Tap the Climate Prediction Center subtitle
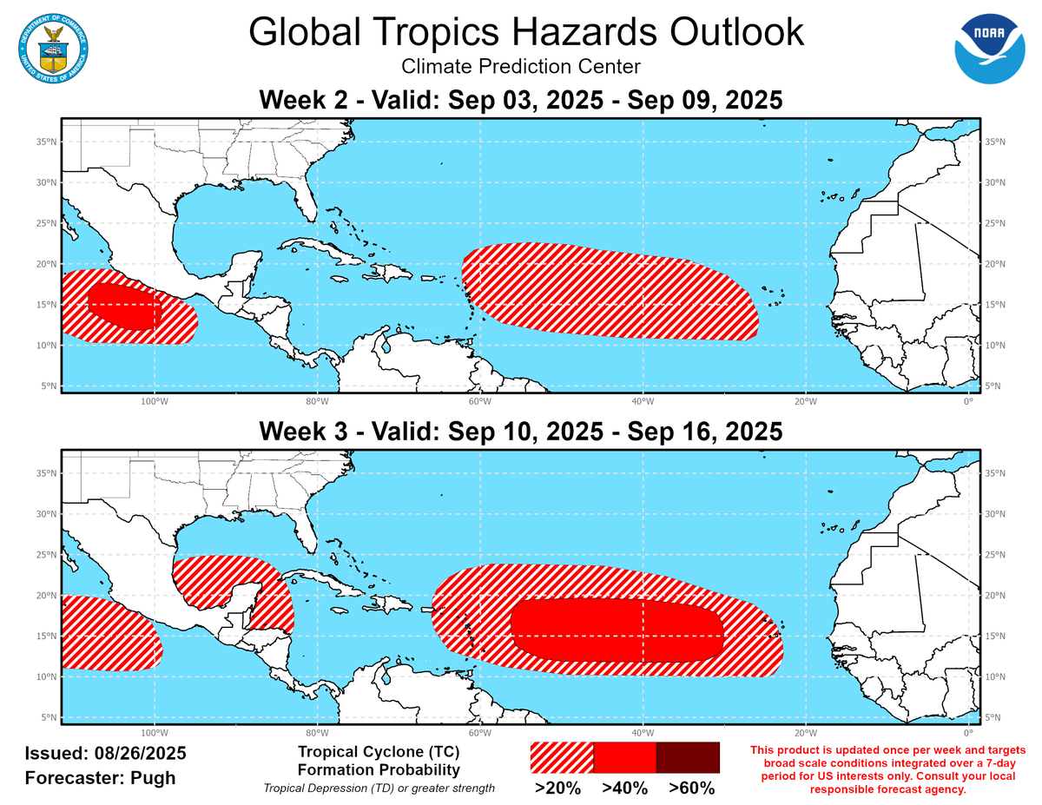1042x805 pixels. pos(520,66)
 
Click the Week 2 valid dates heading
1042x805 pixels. pos(520,100)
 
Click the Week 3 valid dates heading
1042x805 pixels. pos(520,431)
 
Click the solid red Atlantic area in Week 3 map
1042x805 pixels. pos(617,630)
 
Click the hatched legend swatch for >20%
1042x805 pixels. pos(562,757)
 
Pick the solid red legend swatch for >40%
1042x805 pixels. pos(624,757)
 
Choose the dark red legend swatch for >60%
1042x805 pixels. pos(688,757)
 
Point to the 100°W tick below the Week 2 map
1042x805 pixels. pos(154,402)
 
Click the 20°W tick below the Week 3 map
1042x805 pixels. pos(805,733)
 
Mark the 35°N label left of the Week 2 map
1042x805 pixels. pos(48,142)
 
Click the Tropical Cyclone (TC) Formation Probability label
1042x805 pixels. pos(378,761)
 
